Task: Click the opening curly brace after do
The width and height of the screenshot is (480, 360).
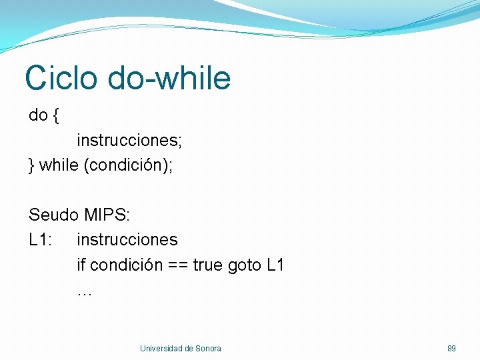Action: point(55,115)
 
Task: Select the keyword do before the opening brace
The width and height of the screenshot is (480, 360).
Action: point(38,115)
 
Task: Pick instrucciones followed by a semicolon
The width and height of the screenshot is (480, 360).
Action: point(129,141)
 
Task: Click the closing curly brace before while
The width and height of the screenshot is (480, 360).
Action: point(31,166)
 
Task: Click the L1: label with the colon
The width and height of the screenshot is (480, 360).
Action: point(40,239)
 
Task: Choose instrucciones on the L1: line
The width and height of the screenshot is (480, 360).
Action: point(127,239)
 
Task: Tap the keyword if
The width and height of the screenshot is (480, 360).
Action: point(81,265)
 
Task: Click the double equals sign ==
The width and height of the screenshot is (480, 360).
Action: point(177,265)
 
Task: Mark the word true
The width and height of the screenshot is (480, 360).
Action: point(208,265)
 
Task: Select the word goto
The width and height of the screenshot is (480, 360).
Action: point(245,265)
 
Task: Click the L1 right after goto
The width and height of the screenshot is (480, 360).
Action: point(275,265)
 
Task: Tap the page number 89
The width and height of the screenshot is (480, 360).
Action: point(451,349)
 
